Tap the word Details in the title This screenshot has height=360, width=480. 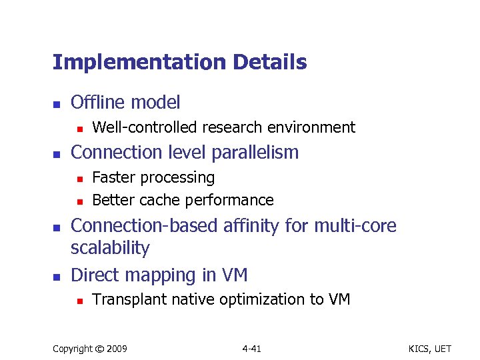(x=270, y=63)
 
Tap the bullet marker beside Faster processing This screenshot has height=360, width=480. (x=79, y=179)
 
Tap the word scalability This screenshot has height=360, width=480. (x=110, y=248)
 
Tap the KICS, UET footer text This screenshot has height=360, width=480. (x=432, y=349)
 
